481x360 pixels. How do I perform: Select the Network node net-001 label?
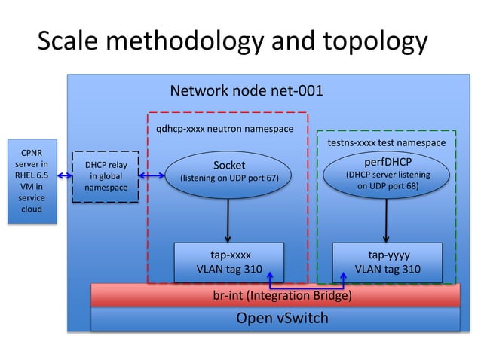pyautogui.click(x=247, y=92)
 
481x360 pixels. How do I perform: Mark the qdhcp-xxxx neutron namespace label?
pyautogui.click(x=225, y=129)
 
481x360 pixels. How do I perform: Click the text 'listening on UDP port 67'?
pyautogui.click(x=228, y=179)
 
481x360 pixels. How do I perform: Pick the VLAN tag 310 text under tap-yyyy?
pyautogui.click(x=388, y=269)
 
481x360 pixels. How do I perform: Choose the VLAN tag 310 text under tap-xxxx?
pyautogui.click(x=228, y=269)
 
